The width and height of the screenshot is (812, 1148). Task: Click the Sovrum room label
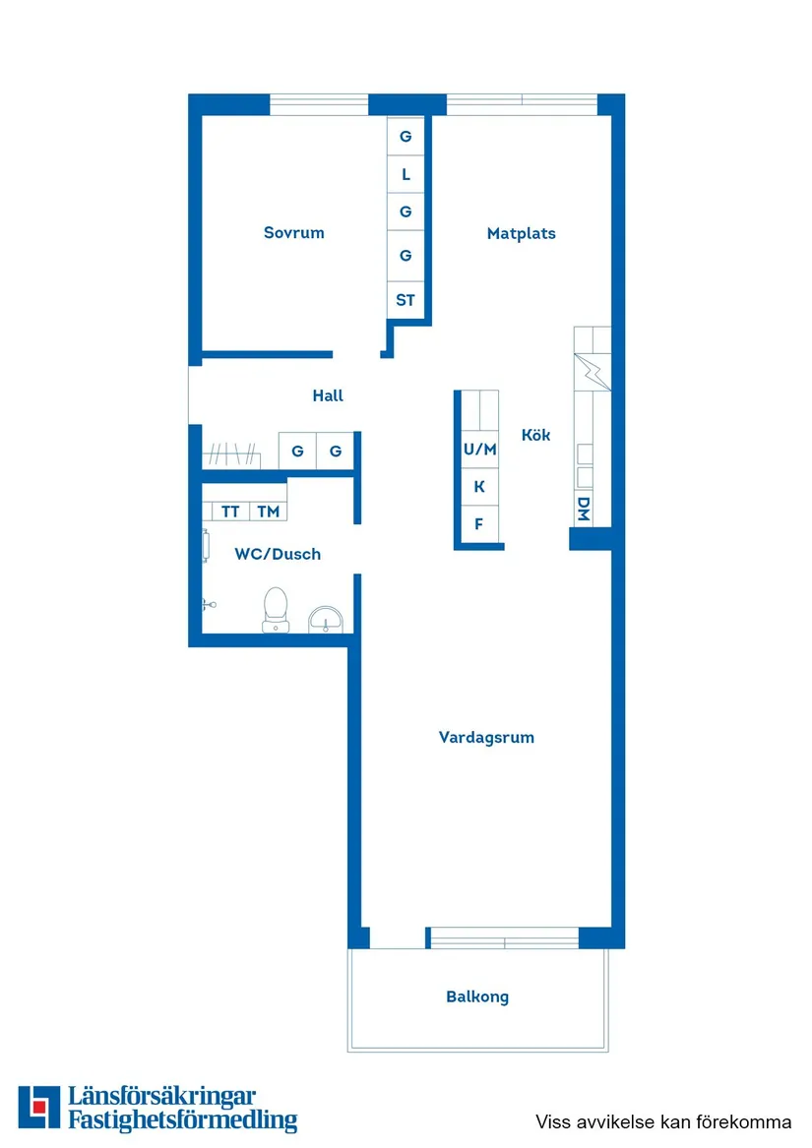[293, 233]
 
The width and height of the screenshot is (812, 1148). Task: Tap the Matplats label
[522, 234]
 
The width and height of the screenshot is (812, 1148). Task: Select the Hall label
[328, 395]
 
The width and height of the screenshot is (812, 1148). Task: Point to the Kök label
[535, 435]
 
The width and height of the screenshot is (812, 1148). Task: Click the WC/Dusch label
[278, 554]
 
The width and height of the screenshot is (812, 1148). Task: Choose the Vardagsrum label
[486, 737]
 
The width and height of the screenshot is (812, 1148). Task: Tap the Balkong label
[477, 997]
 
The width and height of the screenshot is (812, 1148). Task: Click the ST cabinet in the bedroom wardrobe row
[406, 300]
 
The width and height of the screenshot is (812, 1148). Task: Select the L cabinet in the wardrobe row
[406, 175]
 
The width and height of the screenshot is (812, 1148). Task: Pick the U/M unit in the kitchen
[480, 450]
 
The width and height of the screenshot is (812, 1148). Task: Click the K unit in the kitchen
[479, 486]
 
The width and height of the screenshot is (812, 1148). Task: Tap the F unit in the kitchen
[479, 523]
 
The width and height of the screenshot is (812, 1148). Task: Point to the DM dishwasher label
[584, 509]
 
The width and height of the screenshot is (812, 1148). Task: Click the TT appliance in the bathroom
[230, 512]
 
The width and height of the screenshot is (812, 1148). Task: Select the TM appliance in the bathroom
[268, 512]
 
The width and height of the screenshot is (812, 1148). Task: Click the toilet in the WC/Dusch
[276, 608]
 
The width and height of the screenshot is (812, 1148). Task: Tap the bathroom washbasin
[325, 619]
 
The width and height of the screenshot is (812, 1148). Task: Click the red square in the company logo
[38, 1108]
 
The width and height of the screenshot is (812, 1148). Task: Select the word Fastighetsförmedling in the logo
[182, 1119]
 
